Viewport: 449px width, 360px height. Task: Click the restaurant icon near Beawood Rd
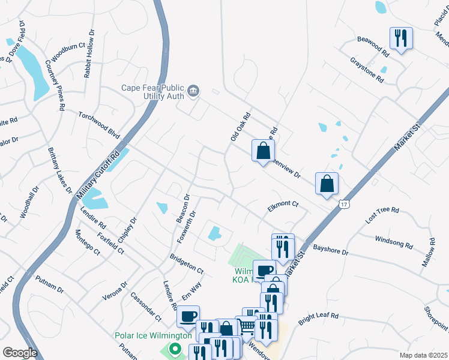[x=400, y=38]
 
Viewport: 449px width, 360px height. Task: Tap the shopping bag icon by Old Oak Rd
[x=263, y=151]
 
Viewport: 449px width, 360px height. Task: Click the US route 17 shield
[x=343, y=205]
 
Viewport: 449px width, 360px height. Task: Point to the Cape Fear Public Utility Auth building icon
[x=193, y=91]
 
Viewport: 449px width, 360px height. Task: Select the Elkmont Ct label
[x=283, y=204]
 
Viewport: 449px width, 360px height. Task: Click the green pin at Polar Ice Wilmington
[x=174, y=348]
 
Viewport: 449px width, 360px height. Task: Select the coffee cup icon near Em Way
[x=188, y=316]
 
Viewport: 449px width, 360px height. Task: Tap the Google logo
[x=20, y=353]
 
